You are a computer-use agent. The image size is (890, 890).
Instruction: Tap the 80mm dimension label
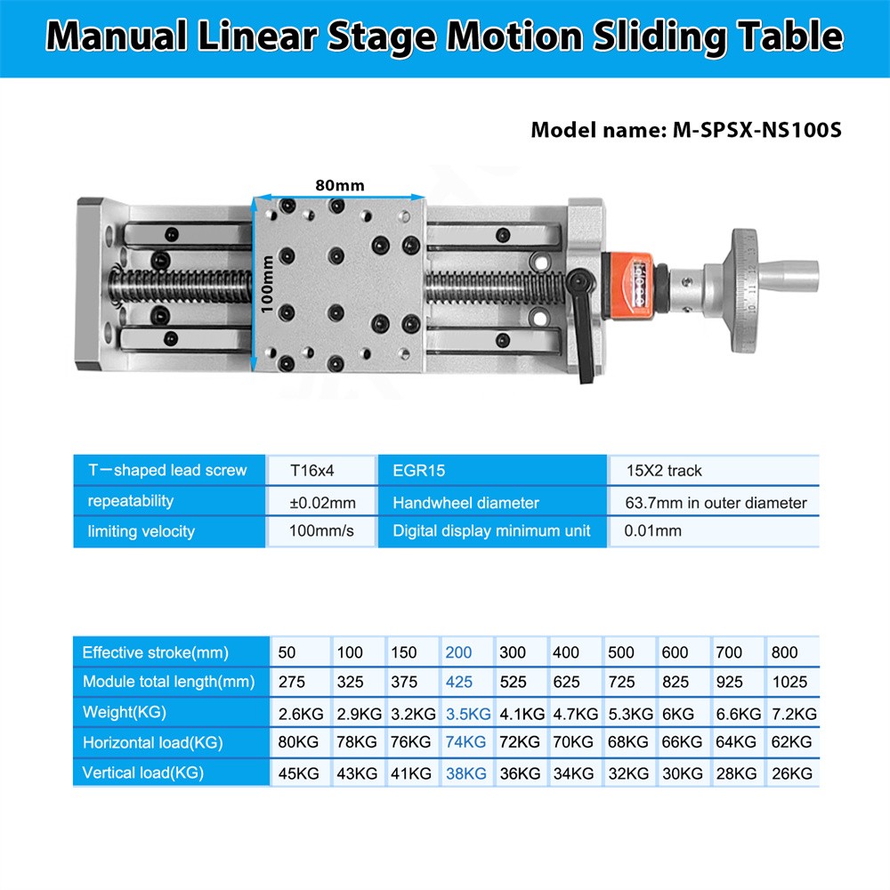(x=339, y=186)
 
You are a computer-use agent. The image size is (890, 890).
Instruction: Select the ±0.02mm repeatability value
(x=322, y=503)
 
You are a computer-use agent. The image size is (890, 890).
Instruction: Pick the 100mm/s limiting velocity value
(x=322, y=531)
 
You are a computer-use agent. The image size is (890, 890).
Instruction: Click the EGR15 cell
(x=418, y=471)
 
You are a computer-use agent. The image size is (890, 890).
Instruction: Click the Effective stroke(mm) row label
(x=156, y=652)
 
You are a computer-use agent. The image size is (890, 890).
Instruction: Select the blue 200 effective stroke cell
(x=458, y=652)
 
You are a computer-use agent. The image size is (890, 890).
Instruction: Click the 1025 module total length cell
(x=790, y=683)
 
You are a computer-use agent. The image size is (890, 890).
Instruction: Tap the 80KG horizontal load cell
(x=298, y=742)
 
